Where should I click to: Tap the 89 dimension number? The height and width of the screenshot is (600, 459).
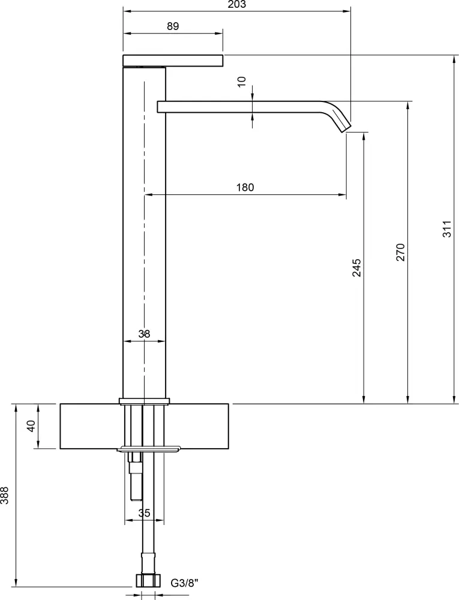point(173,26)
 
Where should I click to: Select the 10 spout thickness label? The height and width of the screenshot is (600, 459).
point(242,82)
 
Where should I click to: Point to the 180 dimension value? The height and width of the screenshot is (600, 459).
point(245,187)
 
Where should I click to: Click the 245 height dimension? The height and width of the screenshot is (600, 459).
point(356,268)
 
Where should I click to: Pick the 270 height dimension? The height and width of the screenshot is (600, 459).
point(400,252)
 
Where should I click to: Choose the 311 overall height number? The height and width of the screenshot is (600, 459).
point(448,229)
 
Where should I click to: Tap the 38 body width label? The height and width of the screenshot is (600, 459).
point(144,334)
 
